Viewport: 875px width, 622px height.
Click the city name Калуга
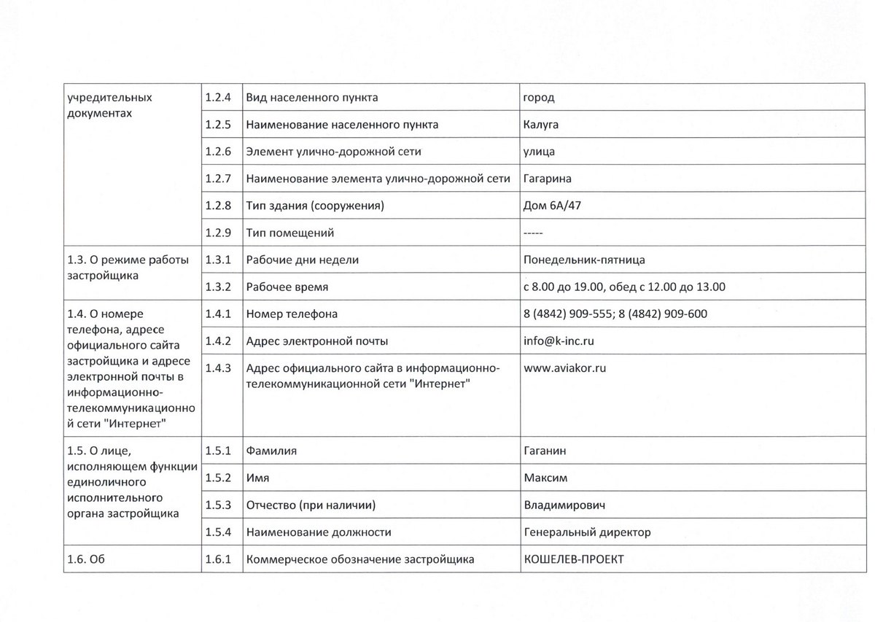click(541, 125)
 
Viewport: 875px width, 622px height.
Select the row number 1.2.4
click(218, 97)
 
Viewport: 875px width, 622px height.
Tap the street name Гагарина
click(548, 179)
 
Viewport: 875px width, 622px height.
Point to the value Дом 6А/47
click(552, 206)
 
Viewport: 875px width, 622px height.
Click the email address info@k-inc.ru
click(559, 341)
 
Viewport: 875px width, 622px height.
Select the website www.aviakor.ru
click(565, 368)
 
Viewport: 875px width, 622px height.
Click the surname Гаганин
click(545, 451)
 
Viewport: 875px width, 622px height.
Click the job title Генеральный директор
click(587, 532)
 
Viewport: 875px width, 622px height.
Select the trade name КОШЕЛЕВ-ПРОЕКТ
click(574, 559)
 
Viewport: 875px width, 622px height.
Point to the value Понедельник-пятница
click(584, 260)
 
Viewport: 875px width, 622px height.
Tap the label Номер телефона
click(292, 314)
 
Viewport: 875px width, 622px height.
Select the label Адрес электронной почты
click(317, 341)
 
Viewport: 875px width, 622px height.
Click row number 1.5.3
click(218, 505)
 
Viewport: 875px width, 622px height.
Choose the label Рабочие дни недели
click(303, 260)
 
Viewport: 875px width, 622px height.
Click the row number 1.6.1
click(218, 559)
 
